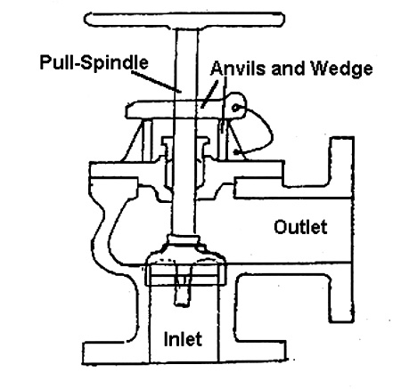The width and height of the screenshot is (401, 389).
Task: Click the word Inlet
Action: tap(183, 339)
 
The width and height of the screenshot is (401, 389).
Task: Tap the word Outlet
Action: tap(300, 227)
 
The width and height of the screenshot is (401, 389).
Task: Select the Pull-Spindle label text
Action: tap(94, 62)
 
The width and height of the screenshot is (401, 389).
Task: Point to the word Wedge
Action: tap(341, 69)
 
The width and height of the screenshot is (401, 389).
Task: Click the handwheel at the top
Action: tap(184, 20)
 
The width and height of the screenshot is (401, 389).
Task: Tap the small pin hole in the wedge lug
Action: tap(235, 108)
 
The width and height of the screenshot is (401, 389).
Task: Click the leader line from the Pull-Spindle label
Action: tap(155, 80)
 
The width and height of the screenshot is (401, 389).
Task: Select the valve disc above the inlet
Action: tap(184, 260)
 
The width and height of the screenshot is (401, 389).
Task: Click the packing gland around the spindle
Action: tap(184, 162)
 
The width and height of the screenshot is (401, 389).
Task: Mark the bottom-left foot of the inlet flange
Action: tap(105, 353)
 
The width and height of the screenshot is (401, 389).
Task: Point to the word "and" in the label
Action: tap(288, 69)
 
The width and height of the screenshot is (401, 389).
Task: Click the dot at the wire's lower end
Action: tap(236, 153)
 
